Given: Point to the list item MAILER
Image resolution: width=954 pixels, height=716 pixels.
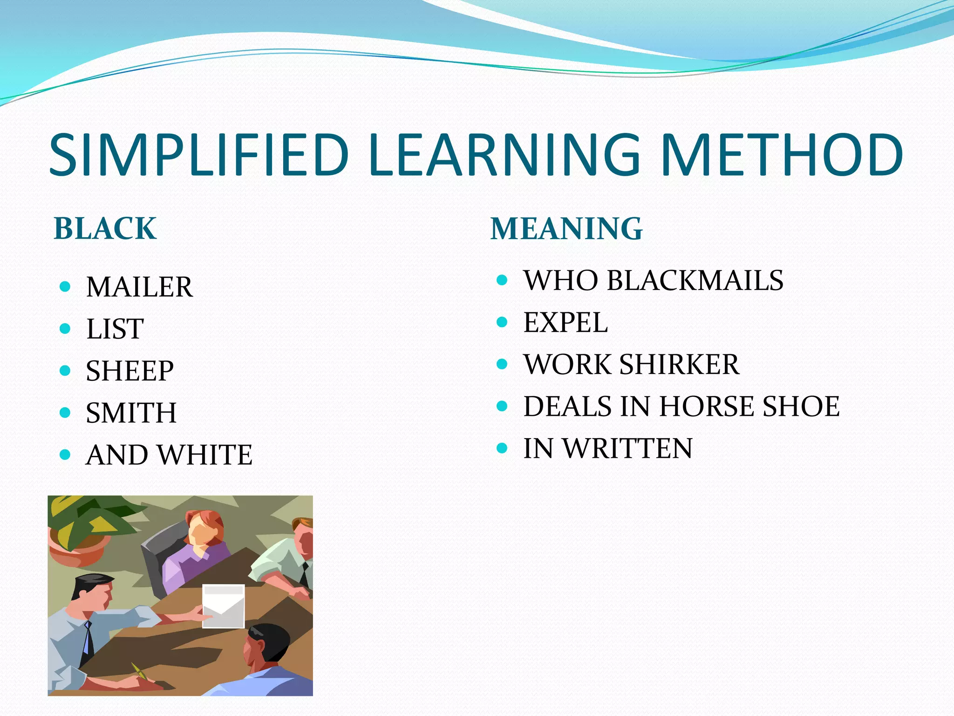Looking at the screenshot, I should pos(139,287).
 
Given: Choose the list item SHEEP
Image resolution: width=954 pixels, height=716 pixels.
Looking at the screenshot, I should pos(130,371).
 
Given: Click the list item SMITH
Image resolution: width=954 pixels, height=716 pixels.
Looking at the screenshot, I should pos(131,413).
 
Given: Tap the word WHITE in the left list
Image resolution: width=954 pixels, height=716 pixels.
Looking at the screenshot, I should pos(204,455).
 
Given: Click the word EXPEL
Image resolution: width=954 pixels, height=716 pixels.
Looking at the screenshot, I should pos(566,323).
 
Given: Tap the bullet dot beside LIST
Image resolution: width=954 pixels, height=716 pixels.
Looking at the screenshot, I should pos(65,329).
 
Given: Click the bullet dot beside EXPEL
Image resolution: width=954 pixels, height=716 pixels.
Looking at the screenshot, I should pos(502,322).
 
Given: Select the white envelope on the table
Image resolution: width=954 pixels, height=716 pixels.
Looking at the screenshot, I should pos(224,606).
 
